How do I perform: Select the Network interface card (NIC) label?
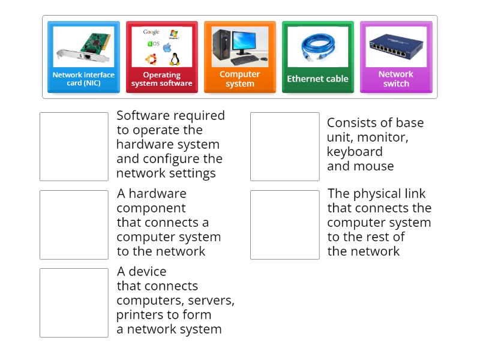pos(83,79)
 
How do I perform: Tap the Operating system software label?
pos(162,79)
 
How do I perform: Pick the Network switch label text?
pos(396,79)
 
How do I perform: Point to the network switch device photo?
pos(395,45)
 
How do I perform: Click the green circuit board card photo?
pos(83,46)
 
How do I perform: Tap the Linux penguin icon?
pos(175,59)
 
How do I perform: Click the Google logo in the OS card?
pos(151,32)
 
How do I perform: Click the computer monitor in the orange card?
pos(248,42)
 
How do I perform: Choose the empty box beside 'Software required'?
pos(74,146)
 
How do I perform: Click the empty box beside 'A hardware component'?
pos(74,224)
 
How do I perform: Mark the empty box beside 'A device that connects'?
pos(74,302)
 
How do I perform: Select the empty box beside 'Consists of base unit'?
pos(284,146)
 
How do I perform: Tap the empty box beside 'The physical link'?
pos(284,224)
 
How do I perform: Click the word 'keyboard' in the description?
pos(355,151)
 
